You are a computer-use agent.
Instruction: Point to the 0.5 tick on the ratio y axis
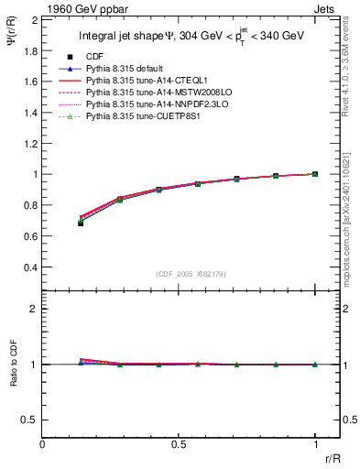tap(28, 420)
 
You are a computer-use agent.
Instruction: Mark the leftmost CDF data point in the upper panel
tap(81, 223)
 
